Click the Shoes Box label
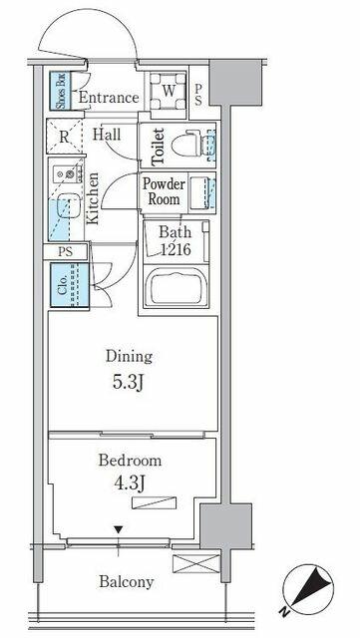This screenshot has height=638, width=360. pos(60,91)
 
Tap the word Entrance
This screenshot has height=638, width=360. pos(109,98)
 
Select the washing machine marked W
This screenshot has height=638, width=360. pos(169,91)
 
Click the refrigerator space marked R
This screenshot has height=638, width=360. pos(65,137)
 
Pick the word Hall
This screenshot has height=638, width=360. pos(107,134)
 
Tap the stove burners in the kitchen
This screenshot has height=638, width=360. pos(67,174)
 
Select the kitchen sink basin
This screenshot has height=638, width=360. pos(67,205)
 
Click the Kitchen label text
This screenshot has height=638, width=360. pos(93,198)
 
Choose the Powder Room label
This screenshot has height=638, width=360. pos(164,191)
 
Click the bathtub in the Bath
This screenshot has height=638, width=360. pos(177,286)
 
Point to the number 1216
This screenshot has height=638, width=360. pos(176,249)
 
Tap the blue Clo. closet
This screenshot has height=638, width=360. pos(69,285)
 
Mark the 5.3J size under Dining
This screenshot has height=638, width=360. pos(128,383)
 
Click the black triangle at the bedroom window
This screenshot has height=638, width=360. pos(118,529)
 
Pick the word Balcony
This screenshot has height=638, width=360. pos(127,582)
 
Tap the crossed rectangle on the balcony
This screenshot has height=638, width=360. pos(196,564)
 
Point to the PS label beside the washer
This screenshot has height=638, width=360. pos(197,96)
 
